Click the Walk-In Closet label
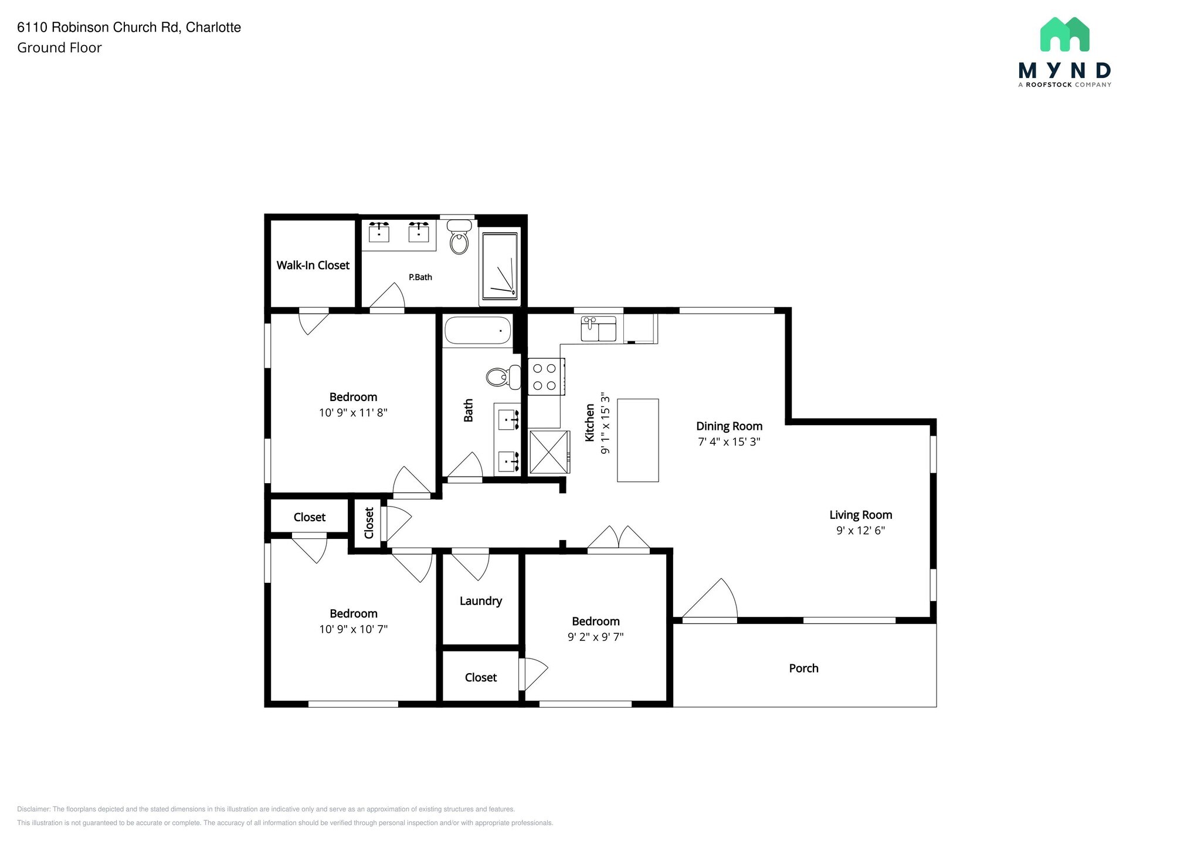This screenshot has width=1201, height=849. point(313,265)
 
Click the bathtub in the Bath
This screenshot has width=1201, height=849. point(478,331)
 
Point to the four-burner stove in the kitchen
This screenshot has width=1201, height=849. point(546,376)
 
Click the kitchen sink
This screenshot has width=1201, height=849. point(598,329)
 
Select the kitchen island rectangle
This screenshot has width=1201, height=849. point(637,440)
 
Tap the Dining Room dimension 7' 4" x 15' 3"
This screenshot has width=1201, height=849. point(729,442)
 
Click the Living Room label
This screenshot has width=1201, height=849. point(860,515)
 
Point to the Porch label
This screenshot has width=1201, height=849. point(803,668)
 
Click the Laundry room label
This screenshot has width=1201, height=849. point(480,601)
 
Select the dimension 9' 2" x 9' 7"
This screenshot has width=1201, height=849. point(595,637)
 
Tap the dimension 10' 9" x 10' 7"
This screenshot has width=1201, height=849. point(353,629)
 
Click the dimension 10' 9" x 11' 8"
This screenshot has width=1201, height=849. point(353,412)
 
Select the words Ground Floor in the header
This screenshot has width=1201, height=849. point(59,48)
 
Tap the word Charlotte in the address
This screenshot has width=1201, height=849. point(213,27)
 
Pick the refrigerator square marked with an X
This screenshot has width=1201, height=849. point(549,451)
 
